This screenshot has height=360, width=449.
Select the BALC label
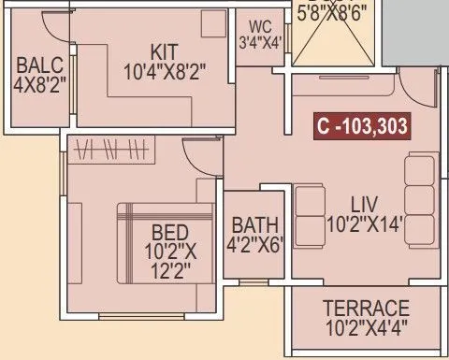click(x=38, y=65)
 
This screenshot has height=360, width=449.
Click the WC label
click(x=259, y=24)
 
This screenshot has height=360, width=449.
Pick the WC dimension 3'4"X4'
click(x=259, y=40)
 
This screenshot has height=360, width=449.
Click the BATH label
click(x=255, y=225)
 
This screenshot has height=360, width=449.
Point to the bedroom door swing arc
click(x=198, y=155)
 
